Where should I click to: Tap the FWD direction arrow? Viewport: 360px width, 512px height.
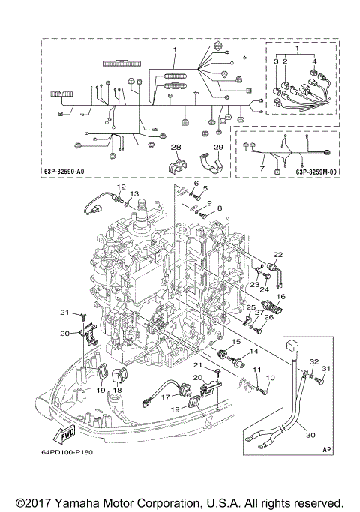pos(64,433)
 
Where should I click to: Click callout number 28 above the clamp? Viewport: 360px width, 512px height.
pos(175,147)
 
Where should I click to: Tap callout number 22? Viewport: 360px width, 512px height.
pos(277,254)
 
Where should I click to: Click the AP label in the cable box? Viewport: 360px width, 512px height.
pos(325,451)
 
